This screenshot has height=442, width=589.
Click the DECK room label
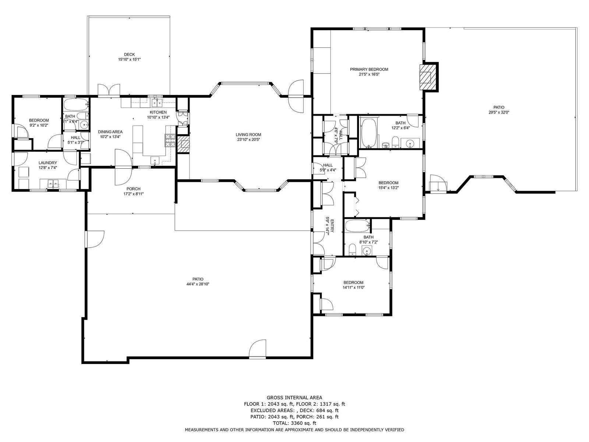coord(129,55)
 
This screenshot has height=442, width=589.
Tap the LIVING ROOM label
coord(248,135)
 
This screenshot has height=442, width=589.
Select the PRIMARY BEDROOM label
coord(369,70)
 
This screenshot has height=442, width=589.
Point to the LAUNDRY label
coord(48,163)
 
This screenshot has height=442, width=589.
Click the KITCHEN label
coord(158,112)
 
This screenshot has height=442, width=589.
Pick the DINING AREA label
coord(110,132)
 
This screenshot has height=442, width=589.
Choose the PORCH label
coord(133,189)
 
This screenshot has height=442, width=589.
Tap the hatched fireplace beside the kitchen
coord(184,144)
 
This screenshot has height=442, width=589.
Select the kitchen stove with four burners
coord(170,141)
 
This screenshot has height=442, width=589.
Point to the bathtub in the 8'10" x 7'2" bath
coord(358,226)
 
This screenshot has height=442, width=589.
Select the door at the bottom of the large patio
coord(257,349)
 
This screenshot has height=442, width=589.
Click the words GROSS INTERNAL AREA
coord(294,398)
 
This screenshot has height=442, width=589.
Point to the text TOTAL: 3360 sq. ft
coord(294,423)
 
